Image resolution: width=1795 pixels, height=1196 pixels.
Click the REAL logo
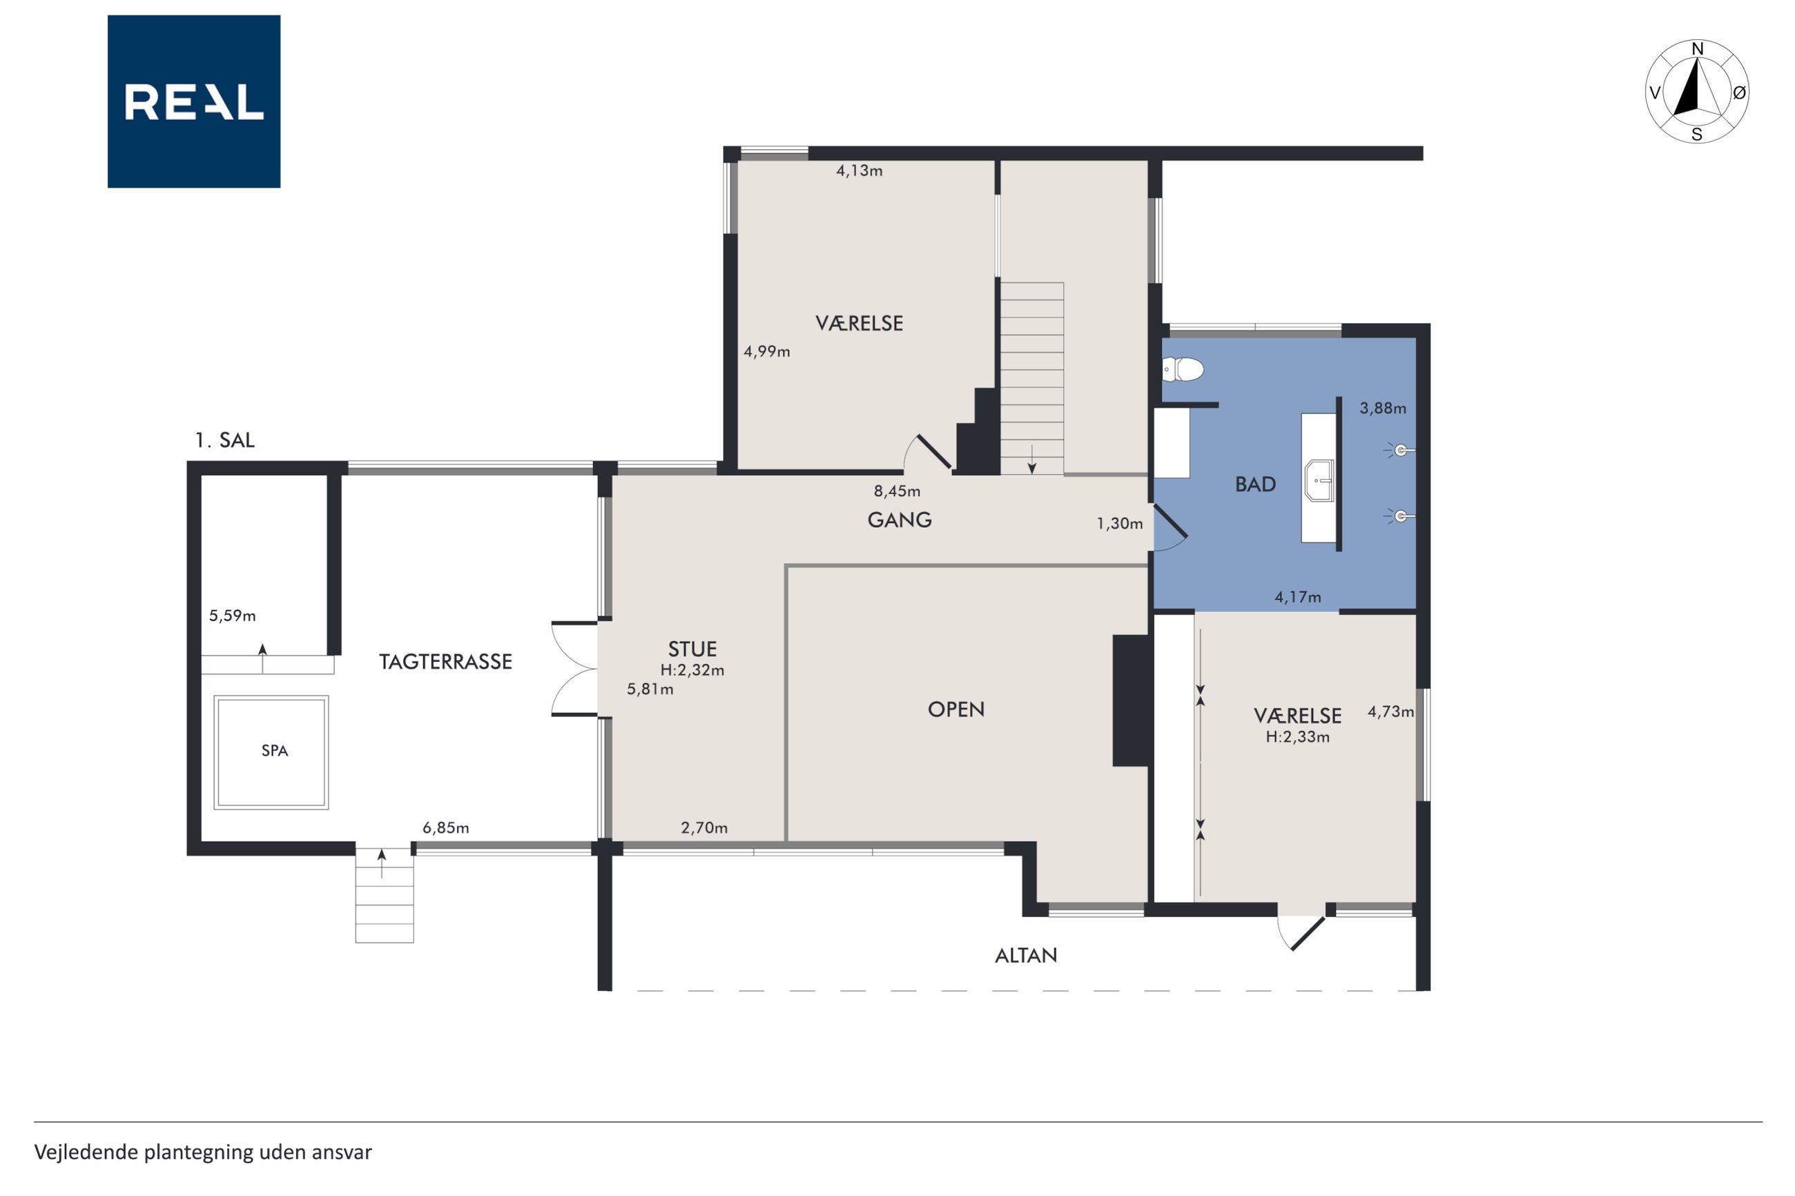pos(194,101)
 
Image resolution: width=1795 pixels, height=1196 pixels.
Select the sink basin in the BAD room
pos(1319,480)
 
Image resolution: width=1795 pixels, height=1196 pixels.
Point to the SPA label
pos(275,751)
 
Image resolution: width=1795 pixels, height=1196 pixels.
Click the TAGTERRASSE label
pos(445,661)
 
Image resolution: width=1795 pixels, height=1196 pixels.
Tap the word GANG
pos(900,520)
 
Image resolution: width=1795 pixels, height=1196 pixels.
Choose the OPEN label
pos(956,709)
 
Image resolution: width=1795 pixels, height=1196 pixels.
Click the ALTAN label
pos(1026,955)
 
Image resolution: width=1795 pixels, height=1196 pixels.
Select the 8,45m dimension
pos(897,491)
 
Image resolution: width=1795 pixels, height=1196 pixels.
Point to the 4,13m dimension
pos(859,171)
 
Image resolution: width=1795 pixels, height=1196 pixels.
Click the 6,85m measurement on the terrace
pos(445,827)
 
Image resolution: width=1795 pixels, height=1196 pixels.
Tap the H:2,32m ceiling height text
pos(692,670)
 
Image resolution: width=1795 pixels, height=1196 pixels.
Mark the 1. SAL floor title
pos(225,440)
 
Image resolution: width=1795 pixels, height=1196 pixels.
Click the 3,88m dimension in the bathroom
pos(1383,408)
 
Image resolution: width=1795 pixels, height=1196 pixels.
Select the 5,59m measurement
pos(233,616)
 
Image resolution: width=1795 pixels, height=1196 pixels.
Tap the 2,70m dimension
pos(704,827)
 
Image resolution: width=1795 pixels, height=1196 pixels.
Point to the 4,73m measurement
pos(1390,712)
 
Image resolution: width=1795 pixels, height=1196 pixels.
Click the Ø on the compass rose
pos(1739,92)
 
